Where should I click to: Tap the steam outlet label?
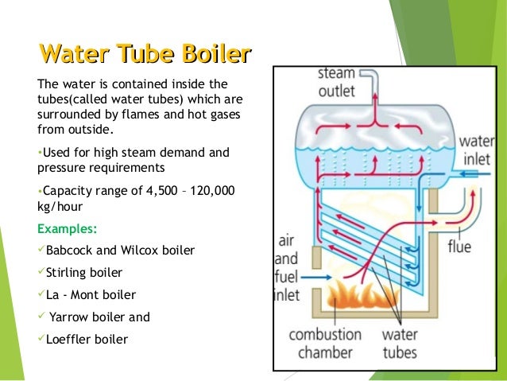coord(336,82)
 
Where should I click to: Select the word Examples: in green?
coord(68,229)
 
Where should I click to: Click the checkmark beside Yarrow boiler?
coord(41,317)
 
